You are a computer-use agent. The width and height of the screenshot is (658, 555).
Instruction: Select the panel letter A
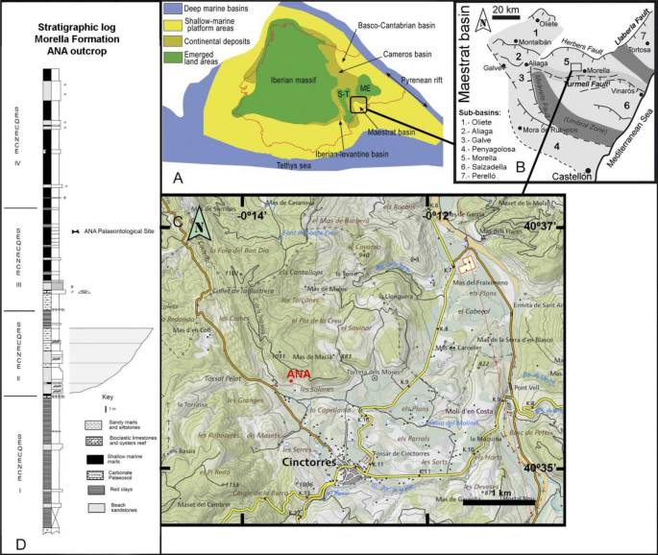(x=176, y=178)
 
